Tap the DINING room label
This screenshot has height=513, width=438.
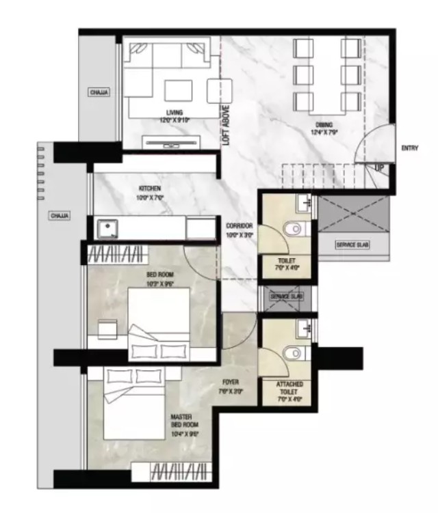324,124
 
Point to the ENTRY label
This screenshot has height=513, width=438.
410,148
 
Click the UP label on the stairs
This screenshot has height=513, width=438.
378,166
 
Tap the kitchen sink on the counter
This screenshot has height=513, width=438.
107,227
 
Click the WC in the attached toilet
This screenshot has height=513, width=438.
293,352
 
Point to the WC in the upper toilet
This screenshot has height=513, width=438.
293,228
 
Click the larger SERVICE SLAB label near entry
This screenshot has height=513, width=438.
352,245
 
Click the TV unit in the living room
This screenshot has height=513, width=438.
170,142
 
